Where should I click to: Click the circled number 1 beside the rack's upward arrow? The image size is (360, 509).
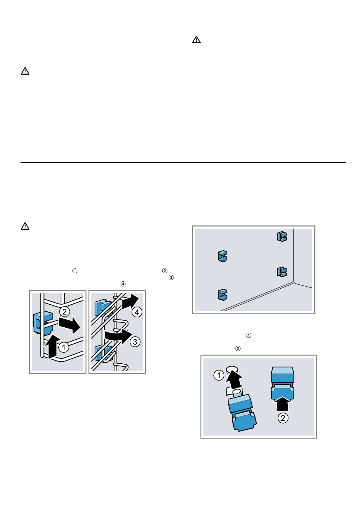(63, 347)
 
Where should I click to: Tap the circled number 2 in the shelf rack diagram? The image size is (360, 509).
(64, 312)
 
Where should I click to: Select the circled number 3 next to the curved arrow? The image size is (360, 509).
(135, 342)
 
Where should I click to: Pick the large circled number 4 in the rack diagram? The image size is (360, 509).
(137, 312)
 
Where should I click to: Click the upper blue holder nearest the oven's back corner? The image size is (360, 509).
(282, 236)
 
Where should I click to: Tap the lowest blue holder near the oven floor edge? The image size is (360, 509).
(222, 295)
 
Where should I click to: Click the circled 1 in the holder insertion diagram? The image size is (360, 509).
(219, 376)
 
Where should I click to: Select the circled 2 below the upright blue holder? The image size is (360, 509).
(283, 418)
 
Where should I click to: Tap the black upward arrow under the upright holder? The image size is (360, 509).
(283, 404)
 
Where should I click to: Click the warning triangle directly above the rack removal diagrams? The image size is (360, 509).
(25, 226)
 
